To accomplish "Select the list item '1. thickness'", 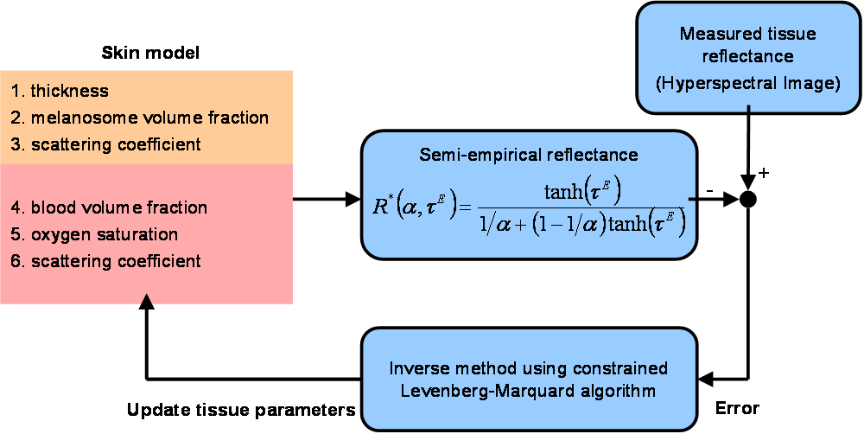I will pyautogui.click(x=60, y=91).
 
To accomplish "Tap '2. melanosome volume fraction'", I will pyautogui.click(x=139, y=118).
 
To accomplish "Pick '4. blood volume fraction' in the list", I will pyautogui.click(x=109, y=207).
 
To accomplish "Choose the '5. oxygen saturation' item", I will pyautogui.click(x=95, y=234).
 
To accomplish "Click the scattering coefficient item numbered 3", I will pyautogui.click(x=106, y=144).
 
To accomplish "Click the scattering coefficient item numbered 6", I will pyautogui.click(x=106, y=261).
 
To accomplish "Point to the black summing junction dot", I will pyautogui.click(x=749, y=200).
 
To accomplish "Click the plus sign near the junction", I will pyautogui.click(x=764, y=173).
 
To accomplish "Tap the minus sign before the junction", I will pyautogui.click(x=709, y=188).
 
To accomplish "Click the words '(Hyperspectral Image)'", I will pyautogui.click(x=748, y=83).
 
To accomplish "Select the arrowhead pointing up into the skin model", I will pyautogui.click(x=147, y=301).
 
